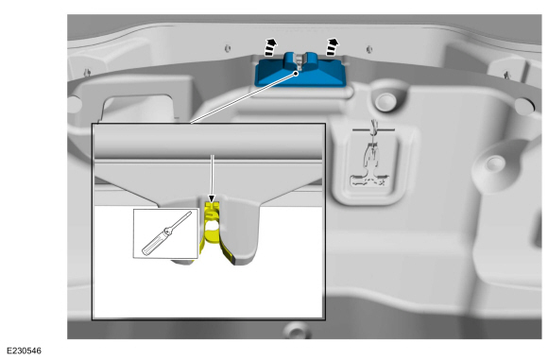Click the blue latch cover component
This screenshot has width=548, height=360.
point(300,73)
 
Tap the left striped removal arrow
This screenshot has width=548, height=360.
point(270,47)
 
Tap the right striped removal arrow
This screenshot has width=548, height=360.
point(332,47)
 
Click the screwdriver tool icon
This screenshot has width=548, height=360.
point(166,233)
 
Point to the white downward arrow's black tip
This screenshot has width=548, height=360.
point(212,198)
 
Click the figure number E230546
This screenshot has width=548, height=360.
point(24,351)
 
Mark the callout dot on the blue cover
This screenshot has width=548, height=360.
point(297,74)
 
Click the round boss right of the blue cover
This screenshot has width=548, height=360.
point(385,100)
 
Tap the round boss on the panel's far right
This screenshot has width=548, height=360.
point(494,163)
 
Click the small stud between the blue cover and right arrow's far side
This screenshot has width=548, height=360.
point(369,49)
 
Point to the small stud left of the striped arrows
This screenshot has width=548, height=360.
point(228,48)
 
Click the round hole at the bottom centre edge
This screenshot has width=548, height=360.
point(297,331)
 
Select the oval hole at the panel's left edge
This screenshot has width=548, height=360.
point(75,104)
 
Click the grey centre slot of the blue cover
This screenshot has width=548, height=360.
point(300,60)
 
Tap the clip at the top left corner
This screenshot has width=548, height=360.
point(87,73)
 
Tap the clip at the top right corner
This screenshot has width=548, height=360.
point(506,75)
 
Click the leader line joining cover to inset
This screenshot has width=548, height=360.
point(244,98)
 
